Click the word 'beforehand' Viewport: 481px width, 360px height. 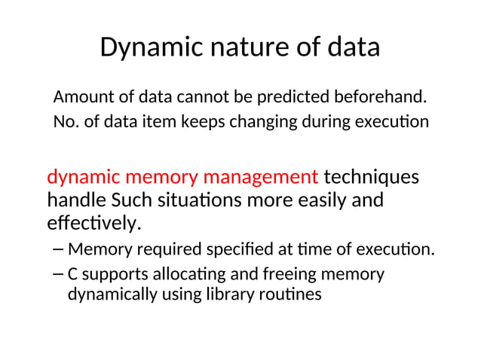377,97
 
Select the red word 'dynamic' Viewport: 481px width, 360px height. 83,178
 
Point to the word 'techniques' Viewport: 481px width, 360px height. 372,178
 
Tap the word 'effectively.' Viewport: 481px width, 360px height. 94,224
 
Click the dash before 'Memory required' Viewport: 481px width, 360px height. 59,249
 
